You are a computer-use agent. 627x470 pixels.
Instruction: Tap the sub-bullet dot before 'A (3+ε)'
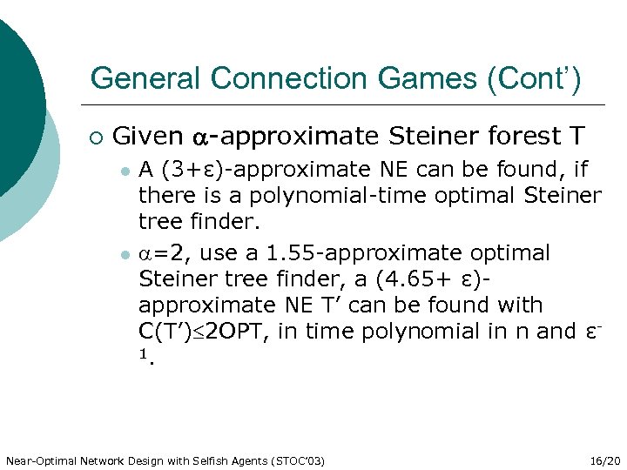tap(125, 171)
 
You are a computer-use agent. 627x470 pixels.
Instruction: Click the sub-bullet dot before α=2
tap(125, 254)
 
